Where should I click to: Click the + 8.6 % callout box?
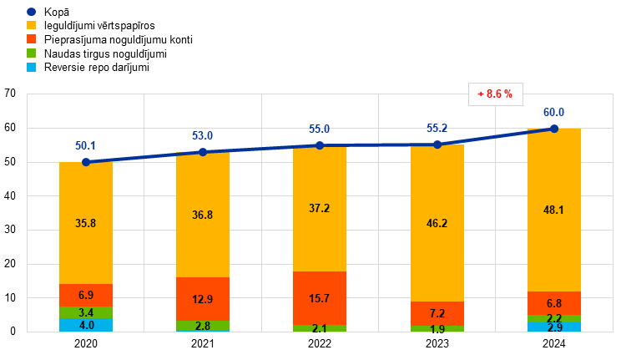tap(495, 94)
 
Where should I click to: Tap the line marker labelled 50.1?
tap(86, 162)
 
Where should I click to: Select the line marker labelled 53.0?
tap(203, 152)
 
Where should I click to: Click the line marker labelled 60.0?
tap(554, 129)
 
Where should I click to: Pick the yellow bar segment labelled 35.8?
tap(86, 223)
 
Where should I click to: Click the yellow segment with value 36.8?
tap(203, 215)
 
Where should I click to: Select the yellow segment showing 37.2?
tap(320, 209)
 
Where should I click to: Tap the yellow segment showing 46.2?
tap(437, 223)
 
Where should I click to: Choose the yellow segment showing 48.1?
tap(554, 210)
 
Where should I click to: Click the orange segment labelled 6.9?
tap(86, 296)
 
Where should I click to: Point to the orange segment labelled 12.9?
tap(203, 299)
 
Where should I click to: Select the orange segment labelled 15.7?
tap(320, 298)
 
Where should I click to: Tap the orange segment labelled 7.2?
tap(437, 313)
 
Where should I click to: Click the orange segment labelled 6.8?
tap(554, 303)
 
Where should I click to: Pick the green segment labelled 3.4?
tap(86, 312)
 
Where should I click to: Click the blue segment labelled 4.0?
tap(86, 325)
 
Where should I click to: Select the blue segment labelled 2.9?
tap(554, 327)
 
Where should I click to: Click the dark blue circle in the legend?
tap(31, 12)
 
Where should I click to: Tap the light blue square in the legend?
tap(31, 67)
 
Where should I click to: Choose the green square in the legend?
tap(31, 53)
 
